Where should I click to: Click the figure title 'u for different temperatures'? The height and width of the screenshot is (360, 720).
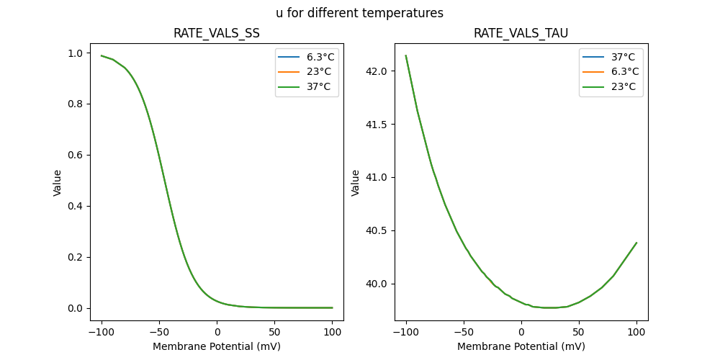359,13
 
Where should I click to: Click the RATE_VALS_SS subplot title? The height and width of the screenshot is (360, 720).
217,34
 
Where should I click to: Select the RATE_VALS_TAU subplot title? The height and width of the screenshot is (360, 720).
521,34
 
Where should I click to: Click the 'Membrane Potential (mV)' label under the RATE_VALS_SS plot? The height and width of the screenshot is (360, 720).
217,346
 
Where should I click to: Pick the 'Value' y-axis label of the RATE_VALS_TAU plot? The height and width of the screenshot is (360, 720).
356,183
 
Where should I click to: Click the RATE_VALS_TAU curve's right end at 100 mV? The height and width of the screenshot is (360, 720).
636,243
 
